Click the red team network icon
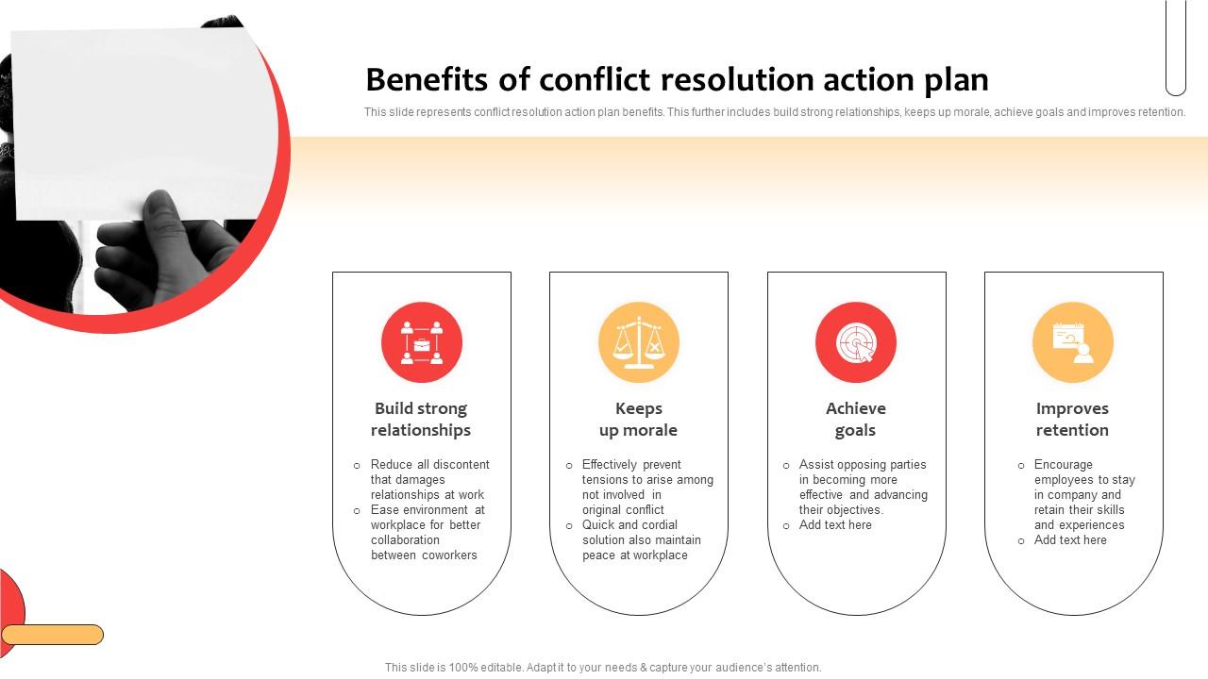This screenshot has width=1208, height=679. pos(422,342)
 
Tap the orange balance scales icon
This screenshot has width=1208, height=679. pos(639,342)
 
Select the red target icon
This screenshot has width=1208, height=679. pos(856,342)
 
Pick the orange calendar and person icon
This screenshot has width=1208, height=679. pos(1073,342)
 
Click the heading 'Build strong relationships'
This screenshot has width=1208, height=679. pos(421,420)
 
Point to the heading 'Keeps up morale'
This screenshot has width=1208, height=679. pos(638,420)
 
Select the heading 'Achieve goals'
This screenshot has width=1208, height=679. pos(856,420)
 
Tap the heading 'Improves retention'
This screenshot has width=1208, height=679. pos(1072,420)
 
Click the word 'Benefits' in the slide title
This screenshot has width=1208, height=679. pos(429,80)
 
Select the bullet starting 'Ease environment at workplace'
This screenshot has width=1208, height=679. pos(427,532)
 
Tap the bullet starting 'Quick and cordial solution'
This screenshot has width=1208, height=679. pos(641,539)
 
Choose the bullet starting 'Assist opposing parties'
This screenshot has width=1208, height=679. pos(863,487)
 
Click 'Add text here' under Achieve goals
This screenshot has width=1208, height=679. pos(835,525)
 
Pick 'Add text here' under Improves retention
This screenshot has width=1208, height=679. pos(1070,540)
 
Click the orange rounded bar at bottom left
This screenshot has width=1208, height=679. pos(52,635)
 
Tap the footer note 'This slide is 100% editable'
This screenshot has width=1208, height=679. pos(603,668)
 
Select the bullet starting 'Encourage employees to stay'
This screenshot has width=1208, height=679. pos(1083,494)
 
